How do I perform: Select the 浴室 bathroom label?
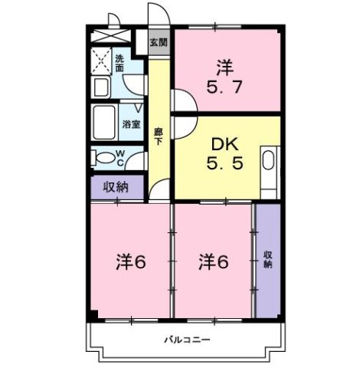click(130, 123)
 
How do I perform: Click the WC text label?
click(120, 157)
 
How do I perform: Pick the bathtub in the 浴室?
click(103, 121)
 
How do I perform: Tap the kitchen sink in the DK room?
click(267, 166)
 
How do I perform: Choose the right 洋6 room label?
click(214, 261)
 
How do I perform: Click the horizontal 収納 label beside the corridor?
click(116, 186)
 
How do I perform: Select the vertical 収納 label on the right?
click(268, 260)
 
